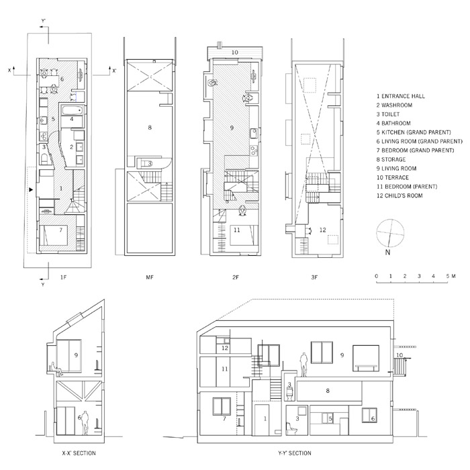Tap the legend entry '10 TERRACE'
393,177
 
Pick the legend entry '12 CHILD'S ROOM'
399,196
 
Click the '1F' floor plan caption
63,277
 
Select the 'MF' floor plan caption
150,277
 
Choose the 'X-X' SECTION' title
79,453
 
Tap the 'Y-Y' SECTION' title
295,453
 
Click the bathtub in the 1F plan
72,110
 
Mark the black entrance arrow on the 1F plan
31,189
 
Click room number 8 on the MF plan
150,128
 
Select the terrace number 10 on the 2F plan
235,52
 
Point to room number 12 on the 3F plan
322,230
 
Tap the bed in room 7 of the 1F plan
54,234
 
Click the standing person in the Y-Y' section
304,365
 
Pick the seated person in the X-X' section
56,369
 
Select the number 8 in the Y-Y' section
328,391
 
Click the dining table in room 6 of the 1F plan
50,81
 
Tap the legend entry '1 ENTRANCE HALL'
401,96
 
